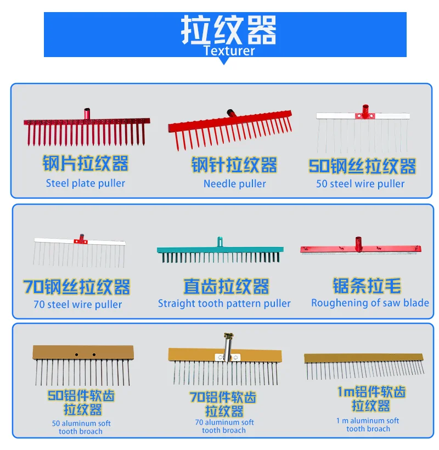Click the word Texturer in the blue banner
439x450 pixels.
(229, 51)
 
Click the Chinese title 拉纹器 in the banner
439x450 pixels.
(229, 30)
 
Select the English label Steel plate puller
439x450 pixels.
(86, 183)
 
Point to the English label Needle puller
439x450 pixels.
(235, 184)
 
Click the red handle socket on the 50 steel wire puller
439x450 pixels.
(363, 112)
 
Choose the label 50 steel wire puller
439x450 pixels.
(361, 184)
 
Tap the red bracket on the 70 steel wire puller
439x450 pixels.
(80, 240)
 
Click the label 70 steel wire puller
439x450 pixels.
(78, 304)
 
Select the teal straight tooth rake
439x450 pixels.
(220, 254)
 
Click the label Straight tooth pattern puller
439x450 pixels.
(224, 303)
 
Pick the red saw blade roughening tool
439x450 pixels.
(361, 248)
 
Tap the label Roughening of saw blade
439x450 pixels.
(370, 303)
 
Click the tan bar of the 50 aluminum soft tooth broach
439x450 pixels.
(83, 352)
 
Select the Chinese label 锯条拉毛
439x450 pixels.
(367, 286)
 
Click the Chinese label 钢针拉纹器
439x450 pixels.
(234, 165)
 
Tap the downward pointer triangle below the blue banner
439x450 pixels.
(224, 60)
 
